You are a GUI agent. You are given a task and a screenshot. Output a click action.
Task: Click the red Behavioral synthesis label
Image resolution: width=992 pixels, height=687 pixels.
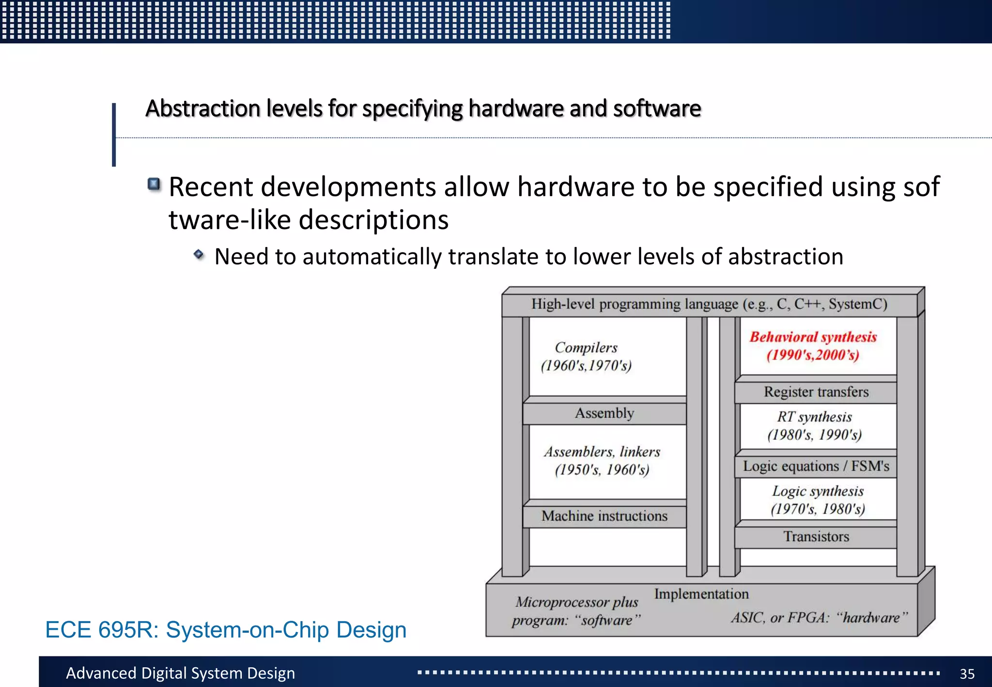(813, 345)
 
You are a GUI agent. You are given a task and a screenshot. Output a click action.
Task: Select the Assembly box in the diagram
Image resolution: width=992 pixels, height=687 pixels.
(604, 413)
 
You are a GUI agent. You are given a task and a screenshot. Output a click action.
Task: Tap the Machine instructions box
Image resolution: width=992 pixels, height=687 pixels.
(604, 516)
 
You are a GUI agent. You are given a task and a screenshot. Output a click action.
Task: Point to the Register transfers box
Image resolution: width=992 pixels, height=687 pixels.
(816, 392)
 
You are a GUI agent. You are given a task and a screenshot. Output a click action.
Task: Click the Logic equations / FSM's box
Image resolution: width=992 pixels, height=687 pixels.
(816, 466)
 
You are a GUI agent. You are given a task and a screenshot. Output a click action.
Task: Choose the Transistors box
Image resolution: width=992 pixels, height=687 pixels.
(816, 537)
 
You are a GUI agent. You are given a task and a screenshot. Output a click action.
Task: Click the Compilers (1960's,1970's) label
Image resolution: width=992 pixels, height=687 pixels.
(586, 356)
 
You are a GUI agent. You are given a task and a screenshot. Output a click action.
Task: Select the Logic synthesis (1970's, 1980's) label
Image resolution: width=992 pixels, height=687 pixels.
(818, 500)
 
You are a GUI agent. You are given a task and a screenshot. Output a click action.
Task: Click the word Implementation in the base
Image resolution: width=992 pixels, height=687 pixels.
(701, 594)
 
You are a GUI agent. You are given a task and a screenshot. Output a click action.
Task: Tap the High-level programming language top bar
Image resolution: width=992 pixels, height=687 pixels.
(709, 304)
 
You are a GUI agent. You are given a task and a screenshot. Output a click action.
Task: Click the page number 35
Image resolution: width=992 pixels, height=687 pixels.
(967, 674)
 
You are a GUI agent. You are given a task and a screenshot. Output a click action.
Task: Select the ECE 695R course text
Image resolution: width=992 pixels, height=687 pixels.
(226, 630)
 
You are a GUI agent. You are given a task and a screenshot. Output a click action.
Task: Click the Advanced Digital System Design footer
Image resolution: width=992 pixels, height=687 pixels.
(180, 673)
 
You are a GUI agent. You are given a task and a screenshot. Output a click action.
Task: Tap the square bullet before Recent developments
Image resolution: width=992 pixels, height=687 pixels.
(154, 184)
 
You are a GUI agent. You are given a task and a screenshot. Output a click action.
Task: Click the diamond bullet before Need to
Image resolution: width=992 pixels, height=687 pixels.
(199, 254)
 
